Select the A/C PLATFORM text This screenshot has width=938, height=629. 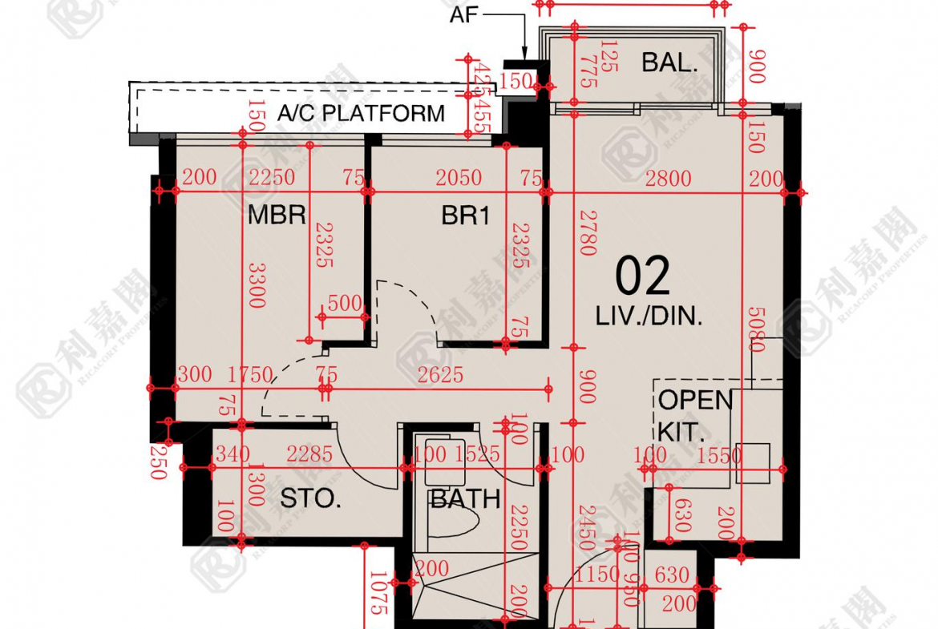click(361, 114)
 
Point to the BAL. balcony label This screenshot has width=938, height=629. click(669, 63)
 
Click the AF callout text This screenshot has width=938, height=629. click(464, 14)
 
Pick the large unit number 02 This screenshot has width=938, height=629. click(642, 277)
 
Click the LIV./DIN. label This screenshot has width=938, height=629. click(649, 317)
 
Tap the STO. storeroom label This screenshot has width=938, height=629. click(311, 500)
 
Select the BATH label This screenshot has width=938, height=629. click(466, 500)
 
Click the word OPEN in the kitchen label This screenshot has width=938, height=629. click(696, 400)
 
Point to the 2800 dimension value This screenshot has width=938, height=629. click(668, 178)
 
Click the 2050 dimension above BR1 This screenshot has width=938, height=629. click(459, 178)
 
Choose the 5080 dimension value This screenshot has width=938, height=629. click(754, 329)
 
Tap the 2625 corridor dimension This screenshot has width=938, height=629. click(440, 374)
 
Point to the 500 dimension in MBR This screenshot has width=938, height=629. click(346, 303)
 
